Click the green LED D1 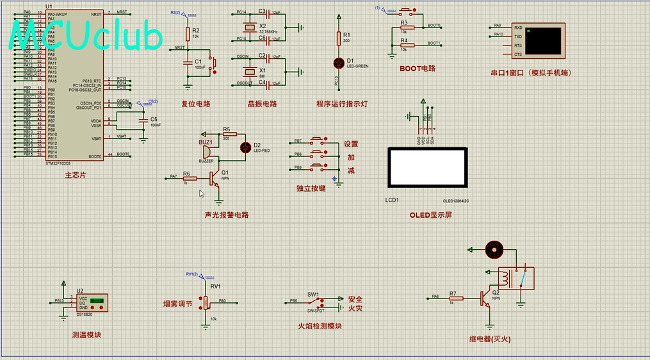(339, 62)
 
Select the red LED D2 (245, 147)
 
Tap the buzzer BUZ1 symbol (206, 152)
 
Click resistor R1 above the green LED (339, 39)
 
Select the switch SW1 (314, 301)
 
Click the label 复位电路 (195, 104)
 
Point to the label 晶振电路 (262, 104)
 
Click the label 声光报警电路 (226, 215)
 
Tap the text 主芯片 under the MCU (75, 176)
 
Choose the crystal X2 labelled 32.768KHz (248, 28)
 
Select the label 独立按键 (311, 188)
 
